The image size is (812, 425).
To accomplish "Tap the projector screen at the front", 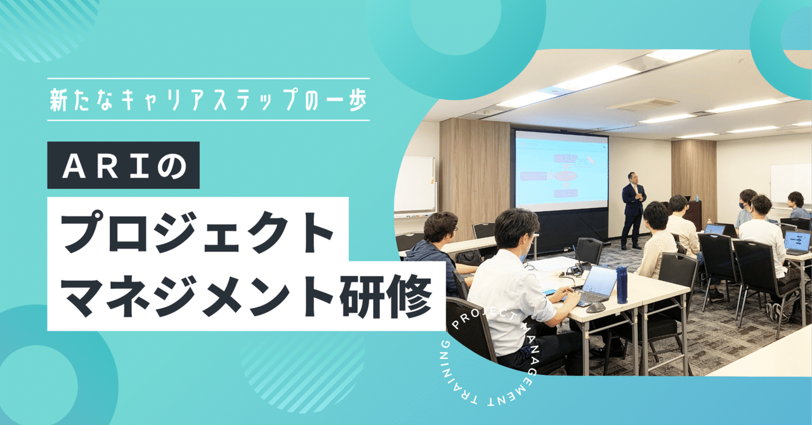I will coord(561,170).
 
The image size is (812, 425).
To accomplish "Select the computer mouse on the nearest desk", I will coord(595,308).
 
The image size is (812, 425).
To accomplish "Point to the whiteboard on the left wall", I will coord(414,184).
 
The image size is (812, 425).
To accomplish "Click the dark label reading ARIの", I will coord(123,165).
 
